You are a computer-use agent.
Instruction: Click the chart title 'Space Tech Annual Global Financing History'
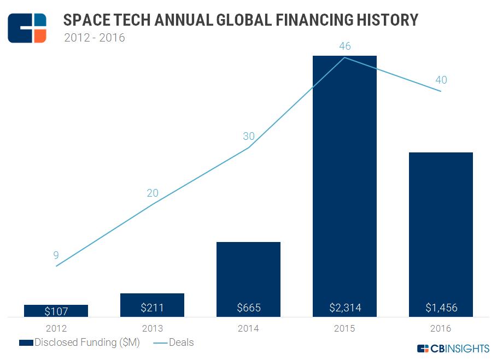(241, 20)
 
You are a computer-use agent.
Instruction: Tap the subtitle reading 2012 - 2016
(94, 38)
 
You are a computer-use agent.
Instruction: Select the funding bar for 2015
(344, 180)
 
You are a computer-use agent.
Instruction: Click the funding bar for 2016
(441, 229)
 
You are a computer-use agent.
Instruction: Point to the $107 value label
(56, 311)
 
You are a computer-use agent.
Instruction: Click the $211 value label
(152, 308)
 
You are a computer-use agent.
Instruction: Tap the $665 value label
(248, 308)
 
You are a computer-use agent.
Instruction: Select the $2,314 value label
(344, 308)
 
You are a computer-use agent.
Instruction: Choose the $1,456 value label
(441, 308)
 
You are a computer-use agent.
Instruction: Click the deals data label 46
(344, 46)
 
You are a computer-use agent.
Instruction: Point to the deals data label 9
(56, 255)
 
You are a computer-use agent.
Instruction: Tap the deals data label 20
(152, 193)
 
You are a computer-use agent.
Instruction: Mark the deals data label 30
(248, 137)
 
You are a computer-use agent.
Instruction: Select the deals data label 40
(441, 80)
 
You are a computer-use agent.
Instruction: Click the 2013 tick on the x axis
(152, 328)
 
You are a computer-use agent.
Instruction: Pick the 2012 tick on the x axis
(56, 328)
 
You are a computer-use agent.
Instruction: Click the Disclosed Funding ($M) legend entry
(79, 343)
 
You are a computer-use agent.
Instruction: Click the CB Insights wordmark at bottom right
(453, 349)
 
